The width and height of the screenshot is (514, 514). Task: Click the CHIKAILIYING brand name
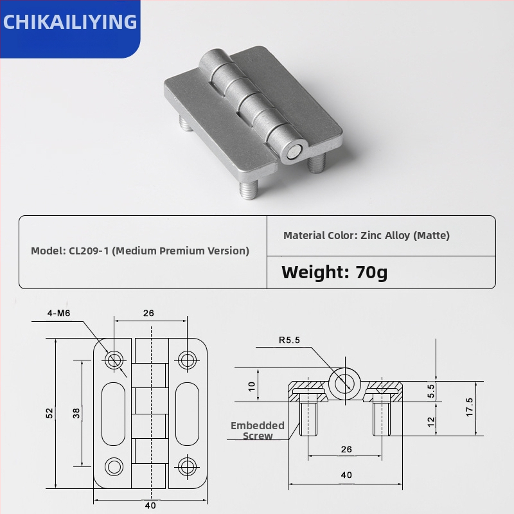click(70, 22)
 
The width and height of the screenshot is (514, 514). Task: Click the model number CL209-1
click(89, 251)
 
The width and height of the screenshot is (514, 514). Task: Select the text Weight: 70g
click(334, 272)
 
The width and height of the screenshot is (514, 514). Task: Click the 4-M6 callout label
click(58, 313)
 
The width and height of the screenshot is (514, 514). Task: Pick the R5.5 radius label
click(290, 340)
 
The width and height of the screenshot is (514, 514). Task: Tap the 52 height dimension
click(49, 413)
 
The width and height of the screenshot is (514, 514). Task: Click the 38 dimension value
click(76, 413)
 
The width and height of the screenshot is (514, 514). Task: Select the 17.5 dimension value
click(470, 407)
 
